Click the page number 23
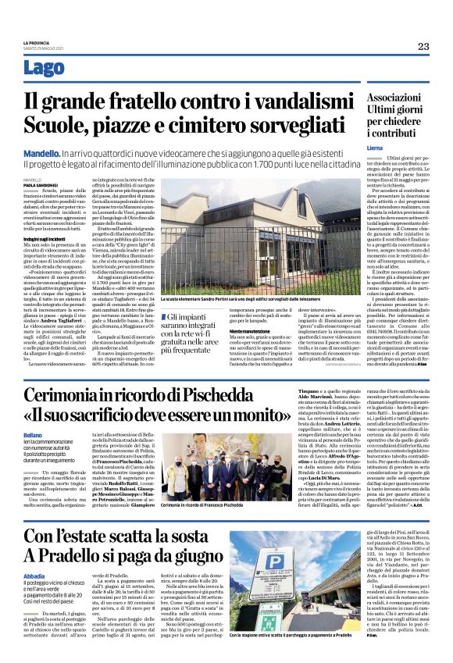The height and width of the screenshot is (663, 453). [x=423, y=46]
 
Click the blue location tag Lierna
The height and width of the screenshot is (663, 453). [x=375, y=148]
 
